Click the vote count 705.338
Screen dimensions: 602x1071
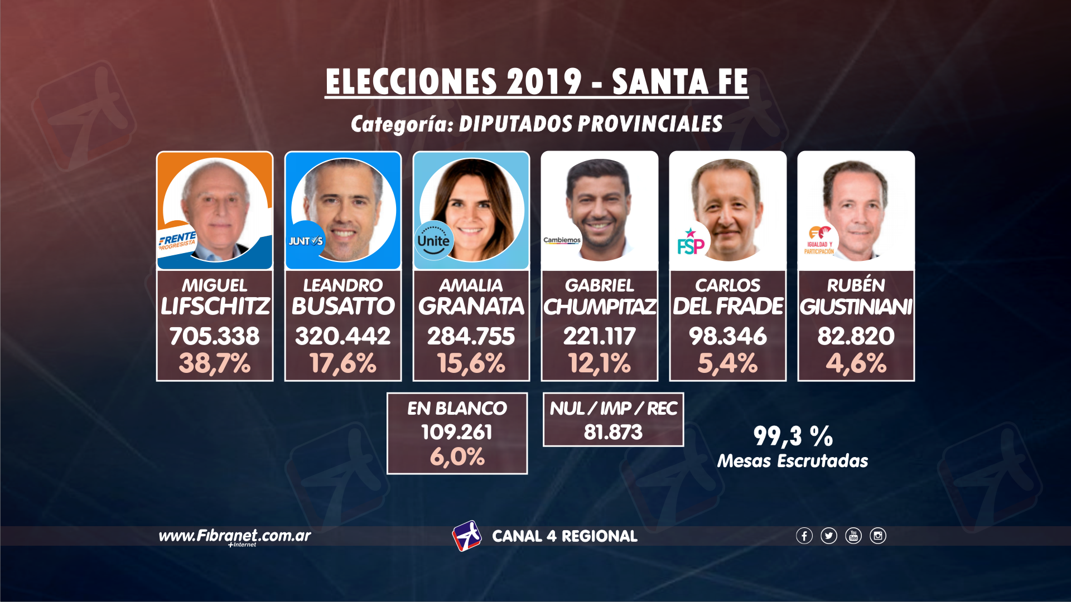[215, 336]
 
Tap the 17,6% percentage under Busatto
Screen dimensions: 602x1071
[343, 363]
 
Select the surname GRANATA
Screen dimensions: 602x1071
[471, 307]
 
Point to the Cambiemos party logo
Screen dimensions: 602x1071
[562, 240]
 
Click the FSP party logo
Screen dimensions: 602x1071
[691, 242]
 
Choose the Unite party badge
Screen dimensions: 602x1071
[433, 241]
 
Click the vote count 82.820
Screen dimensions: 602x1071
[856, 336]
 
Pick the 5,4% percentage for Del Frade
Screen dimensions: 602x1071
[728, 363]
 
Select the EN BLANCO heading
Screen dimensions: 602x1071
[457, 409]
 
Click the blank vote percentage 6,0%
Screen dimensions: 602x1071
[457, 457]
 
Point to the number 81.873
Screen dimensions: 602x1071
[613, 432]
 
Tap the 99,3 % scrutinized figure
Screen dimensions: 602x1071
[793, 436]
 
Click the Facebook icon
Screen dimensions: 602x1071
[804, 536]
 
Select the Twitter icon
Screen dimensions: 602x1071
[828, 536]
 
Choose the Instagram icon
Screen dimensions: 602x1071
[877, 536]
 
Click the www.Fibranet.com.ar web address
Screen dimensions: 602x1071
[235, 536]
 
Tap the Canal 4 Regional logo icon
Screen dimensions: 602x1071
[466, 536]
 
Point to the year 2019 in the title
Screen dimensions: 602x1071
[544, 82]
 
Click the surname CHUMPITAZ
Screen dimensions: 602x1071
[600, 307]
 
